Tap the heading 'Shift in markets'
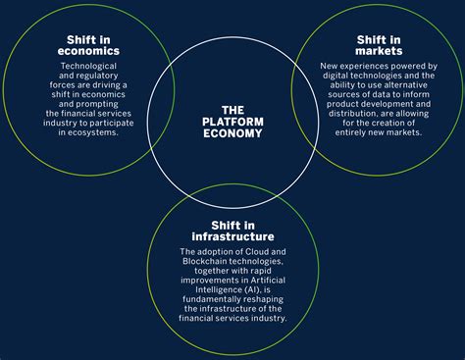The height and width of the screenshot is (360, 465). point(377,45)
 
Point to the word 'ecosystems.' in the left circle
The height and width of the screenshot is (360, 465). point(94,132)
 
